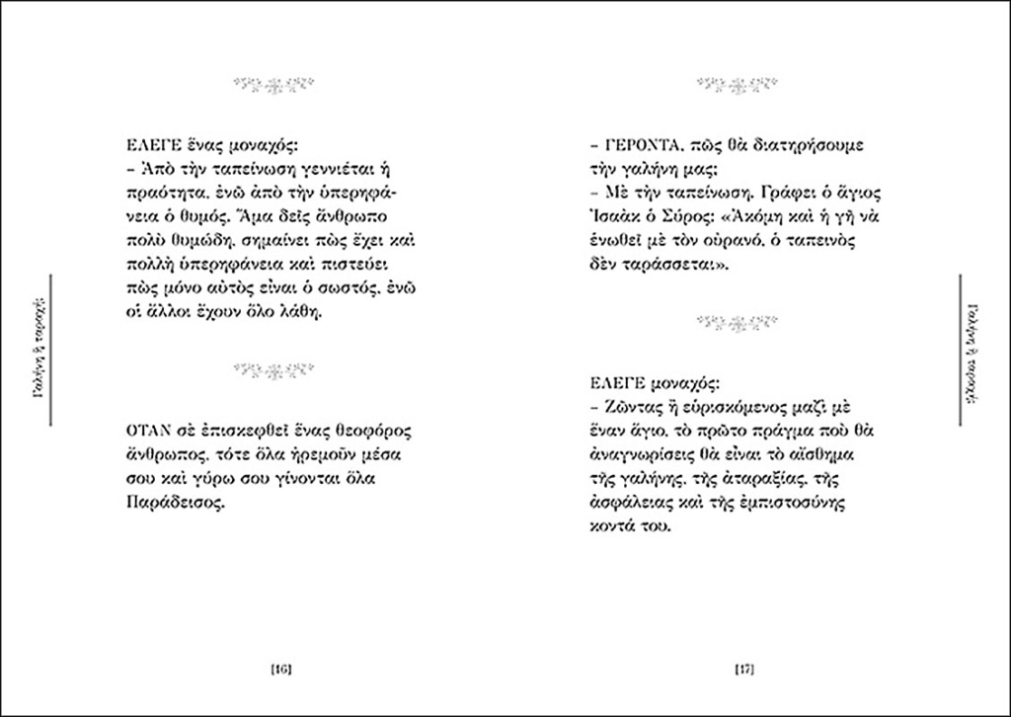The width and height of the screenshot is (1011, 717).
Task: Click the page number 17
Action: click(x=746, y=671)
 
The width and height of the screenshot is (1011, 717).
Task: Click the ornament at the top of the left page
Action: click(x=272, y=83)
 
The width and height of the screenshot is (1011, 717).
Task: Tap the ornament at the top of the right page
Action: click(x=737, y=83)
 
